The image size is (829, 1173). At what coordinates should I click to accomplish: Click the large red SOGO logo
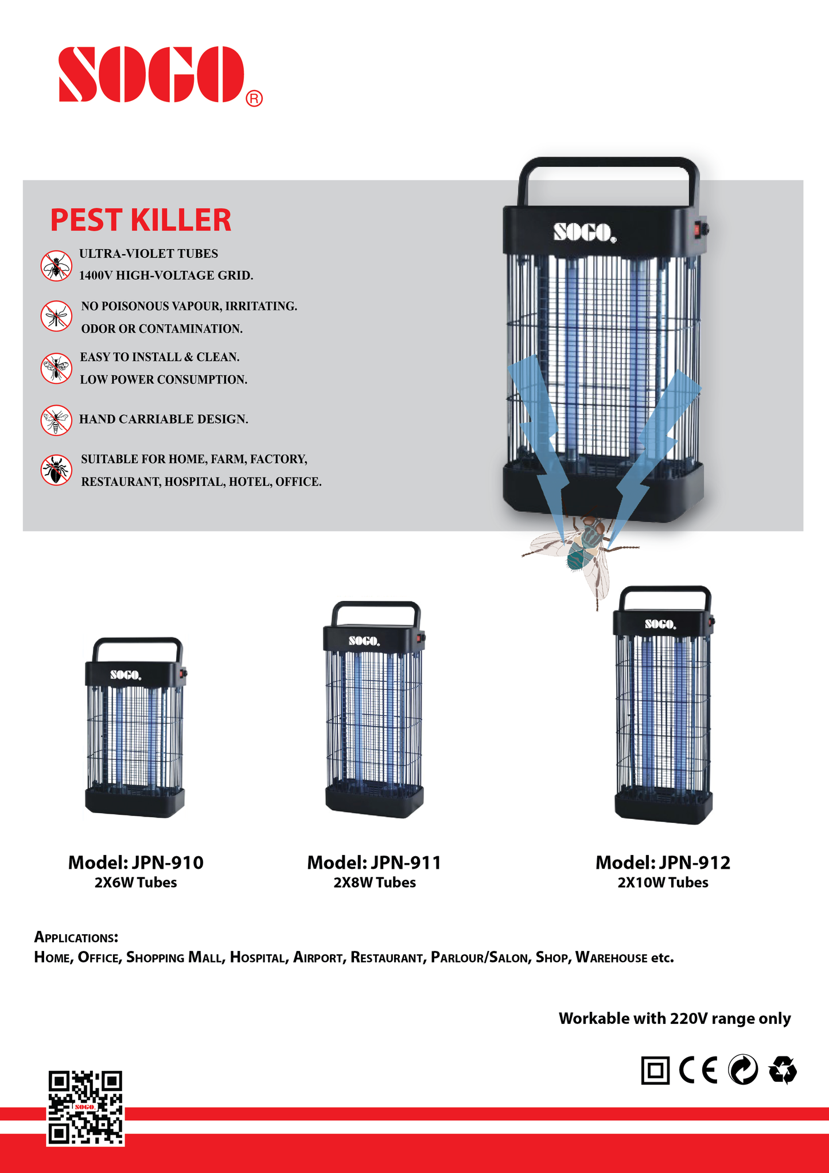click(152, 75)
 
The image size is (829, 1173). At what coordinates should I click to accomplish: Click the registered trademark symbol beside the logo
click(254, 99)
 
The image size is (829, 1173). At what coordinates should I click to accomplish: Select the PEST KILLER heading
click(141, 220)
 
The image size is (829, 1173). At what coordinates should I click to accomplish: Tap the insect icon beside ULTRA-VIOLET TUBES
click(56, 266)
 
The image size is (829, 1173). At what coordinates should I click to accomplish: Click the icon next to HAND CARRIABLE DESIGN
click(56, 420)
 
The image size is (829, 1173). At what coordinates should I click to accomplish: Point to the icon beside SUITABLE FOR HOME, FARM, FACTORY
click(56, 470)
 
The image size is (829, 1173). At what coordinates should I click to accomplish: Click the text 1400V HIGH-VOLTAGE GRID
click(166, 275)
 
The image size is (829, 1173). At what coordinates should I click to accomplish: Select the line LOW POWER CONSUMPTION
click(164, 379)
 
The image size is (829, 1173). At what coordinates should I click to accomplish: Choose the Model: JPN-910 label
click(136, 863)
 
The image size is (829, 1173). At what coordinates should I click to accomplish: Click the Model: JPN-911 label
click(374, 863)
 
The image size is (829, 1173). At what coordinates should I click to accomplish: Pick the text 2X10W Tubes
click(663, 883)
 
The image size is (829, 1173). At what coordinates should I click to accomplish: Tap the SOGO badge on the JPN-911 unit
click(364, 640)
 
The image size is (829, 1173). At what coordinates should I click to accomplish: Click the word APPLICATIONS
click(76, 937)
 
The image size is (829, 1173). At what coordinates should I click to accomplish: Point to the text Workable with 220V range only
click(675, 1019)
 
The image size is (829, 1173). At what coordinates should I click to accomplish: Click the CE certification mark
click(698, 1070)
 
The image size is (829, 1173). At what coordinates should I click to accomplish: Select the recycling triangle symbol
click(783, 1070)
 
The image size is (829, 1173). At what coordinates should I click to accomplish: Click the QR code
click(85, 1108)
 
